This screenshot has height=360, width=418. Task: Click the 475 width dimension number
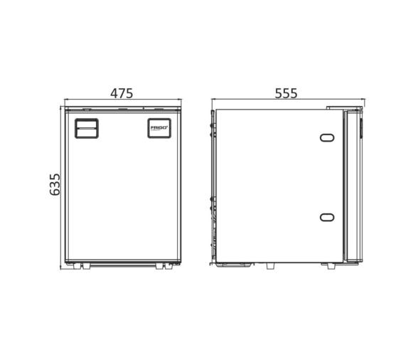pyautogui.click(x=122, y=93)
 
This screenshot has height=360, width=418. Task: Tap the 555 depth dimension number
pyautogui.click(x=285, y=93)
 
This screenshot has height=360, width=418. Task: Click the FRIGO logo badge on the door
pyautogui.click(x=159, y=128)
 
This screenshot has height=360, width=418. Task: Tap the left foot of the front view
pyautogui.click(x=79, y=266)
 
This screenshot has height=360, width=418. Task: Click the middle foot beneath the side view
pyautogui.click(x=271, y=266)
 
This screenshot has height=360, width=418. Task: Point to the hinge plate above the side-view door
pyautogui.click(x=344, y=108)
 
